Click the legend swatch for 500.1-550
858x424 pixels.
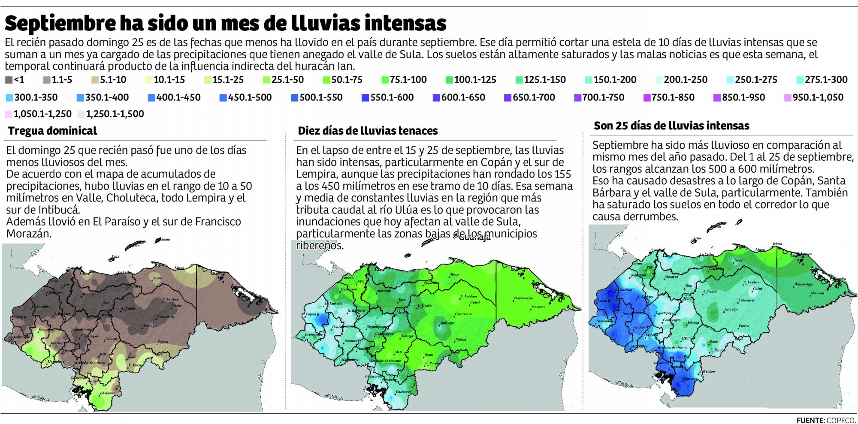[295, 98]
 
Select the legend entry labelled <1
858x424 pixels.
[9, 80]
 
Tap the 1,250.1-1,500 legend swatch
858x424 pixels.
[81, 114]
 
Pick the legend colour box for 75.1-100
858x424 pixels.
[385, 80]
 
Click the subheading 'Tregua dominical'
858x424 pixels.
[52, 131]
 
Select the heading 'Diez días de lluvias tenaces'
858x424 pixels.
[368, 131]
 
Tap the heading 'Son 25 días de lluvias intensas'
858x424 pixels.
[671, 126]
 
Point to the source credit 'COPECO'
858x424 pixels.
[843, 420]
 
